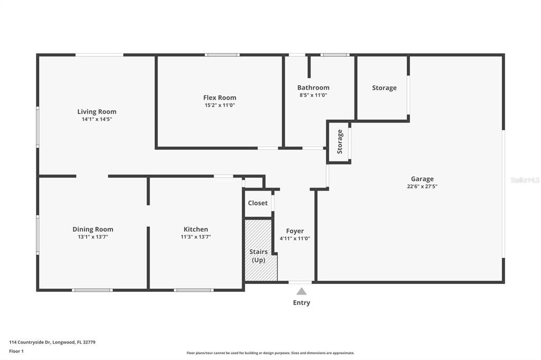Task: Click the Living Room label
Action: click(x=97, y=111)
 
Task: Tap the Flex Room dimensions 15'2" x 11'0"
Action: click(x=220, y=105)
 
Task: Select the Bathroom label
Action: click(x=313, y=88)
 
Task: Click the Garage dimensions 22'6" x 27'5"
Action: click(x=422, y=186)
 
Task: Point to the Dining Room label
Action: click(x=93, y=229)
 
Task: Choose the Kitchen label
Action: click(x=195, y=229)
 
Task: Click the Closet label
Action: click(x=258, y=203)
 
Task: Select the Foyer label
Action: click(x=295, y=231)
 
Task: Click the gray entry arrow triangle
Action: click(x=301, y=291)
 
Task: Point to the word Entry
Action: click(x=302, y=302)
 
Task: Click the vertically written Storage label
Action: click(x=340, y=141)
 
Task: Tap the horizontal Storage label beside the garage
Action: click(x=384, y=88)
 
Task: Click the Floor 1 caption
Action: click(x=16, y=351)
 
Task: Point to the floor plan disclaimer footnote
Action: click(x=270, y=353)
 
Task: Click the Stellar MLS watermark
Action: click(x=525, y=180)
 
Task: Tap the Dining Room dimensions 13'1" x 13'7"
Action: click(x=93, y=237)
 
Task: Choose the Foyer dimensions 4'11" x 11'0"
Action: click(x=295, y=238)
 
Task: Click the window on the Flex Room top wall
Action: click(x=222, y=54)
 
